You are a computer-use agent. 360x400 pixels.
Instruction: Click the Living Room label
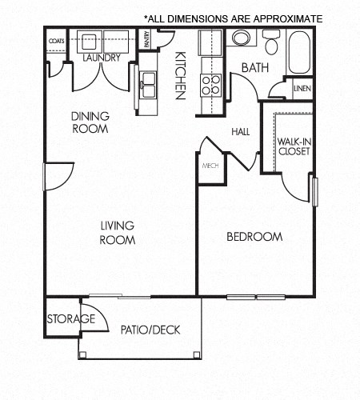(117, 233)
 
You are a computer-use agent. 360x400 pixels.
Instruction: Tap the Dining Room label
(90, 122)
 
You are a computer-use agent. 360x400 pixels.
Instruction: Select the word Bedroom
(254, 237)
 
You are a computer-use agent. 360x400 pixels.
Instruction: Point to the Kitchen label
(181, 75)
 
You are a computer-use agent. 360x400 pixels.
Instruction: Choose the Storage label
(70, 320)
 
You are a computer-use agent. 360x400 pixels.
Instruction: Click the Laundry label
(101, 58)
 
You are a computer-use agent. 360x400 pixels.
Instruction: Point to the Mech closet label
(210, 166)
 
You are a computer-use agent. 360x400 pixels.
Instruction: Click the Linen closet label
(302, 88)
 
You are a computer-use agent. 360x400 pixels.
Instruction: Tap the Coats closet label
(56, 40)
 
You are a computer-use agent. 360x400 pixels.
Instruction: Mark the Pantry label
(146, 40)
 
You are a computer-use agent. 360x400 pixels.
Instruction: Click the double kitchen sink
(149, 83)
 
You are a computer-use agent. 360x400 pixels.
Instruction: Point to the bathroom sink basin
(240, 38)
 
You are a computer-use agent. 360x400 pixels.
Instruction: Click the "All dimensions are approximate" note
(233, 18)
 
